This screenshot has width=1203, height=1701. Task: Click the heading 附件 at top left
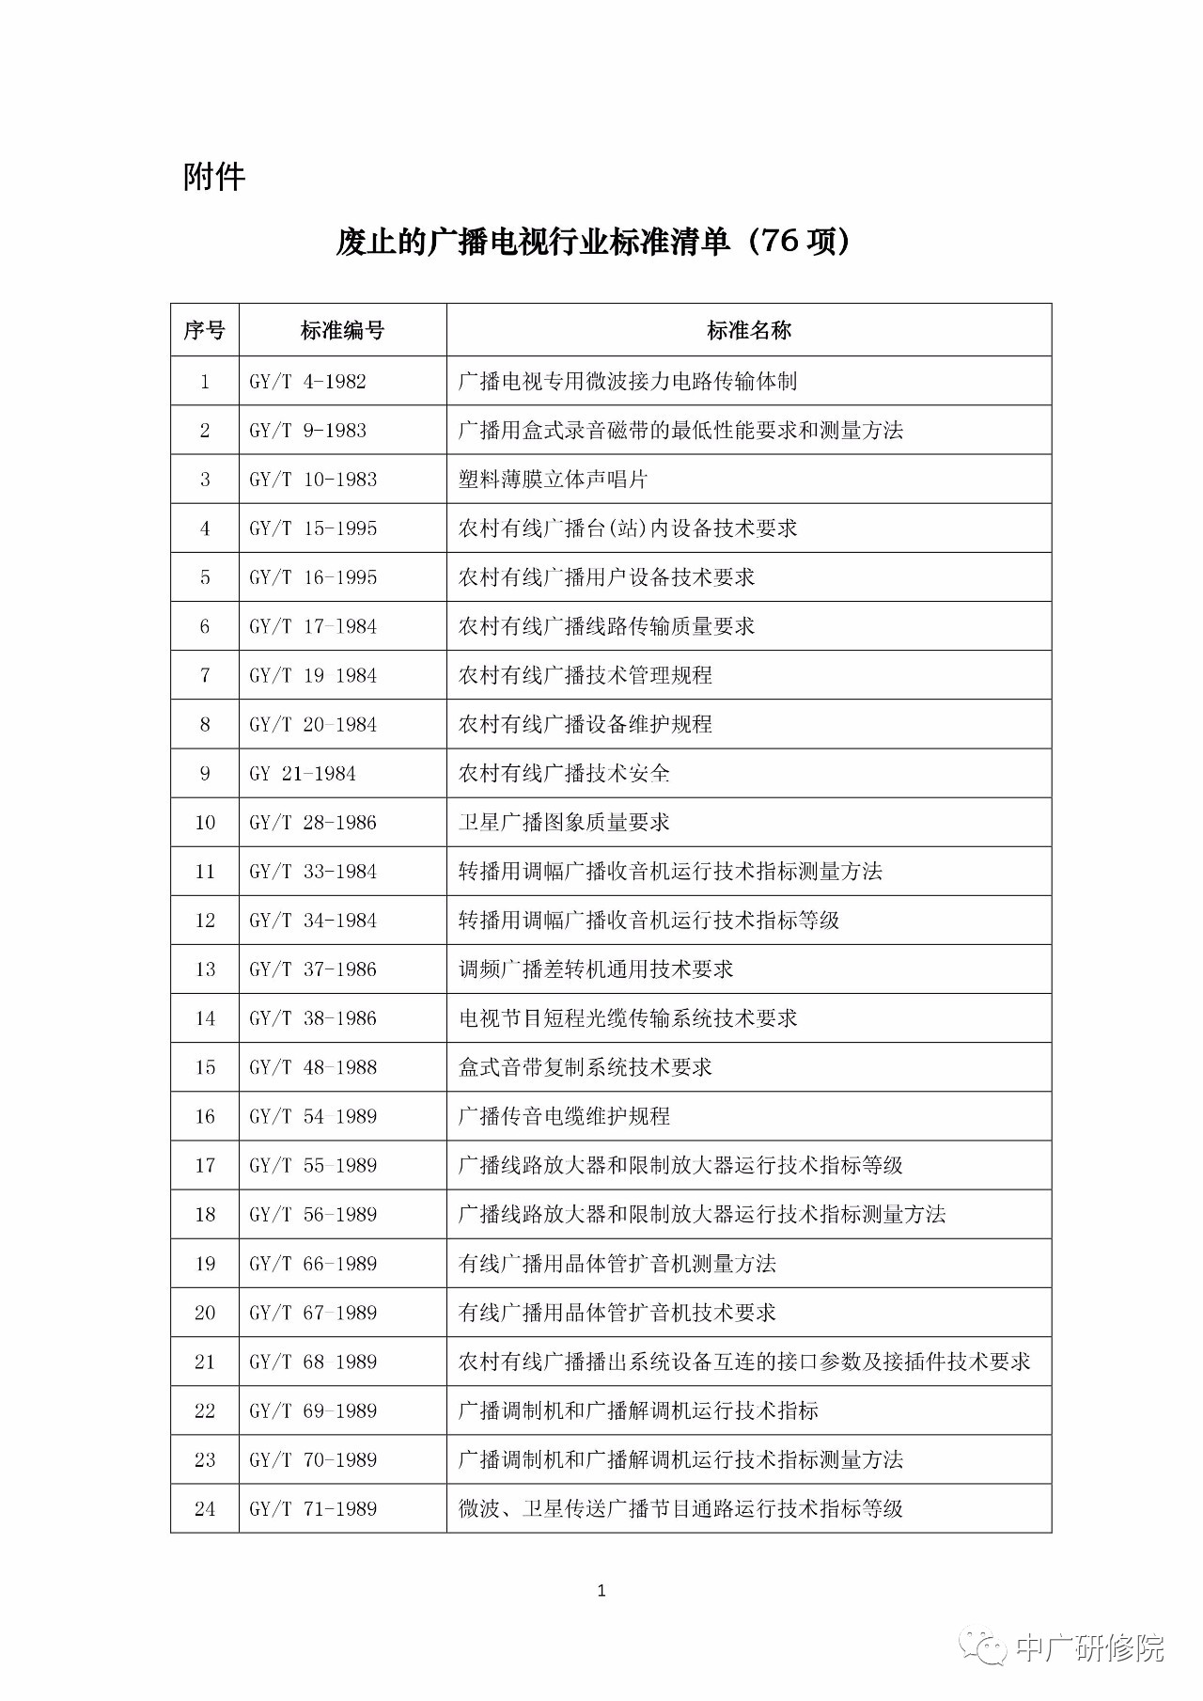[214, 177]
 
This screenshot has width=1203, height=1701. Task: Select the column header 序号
[205, 330]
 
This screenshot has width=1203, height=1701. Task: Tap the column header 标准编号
[342, 330]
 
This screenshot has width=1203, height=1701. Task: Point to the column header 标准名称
[748, 330]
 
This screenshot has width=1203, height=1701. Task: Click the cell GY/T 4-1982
[308, 382]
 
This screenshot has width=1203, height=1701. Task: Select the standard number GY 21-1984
[303, 774]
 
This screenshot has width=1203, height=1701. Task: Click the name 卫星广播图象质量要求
[564, 823]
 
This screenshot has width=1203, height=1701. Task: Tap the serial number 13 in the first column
[205, 969]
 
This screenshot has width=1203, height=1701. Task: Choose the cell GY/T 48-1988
[313, 1067]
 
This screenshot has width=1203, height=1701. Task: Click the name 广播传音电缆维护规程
[564, 1116]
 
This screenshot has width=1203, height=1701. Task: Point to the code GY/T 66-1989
[313, 1264]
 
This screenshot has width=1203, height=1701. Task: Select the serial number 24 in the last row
[205, 1509]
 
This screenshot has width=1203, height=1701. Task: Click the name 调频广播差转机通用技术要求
[596, 969]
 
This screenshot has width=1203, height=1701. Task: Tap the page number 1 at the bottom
[601, 1591]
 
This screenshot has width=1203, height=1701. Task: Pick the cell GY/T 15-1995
[313, 528]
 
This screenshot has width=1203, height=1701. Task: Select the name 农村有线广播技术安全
[564, 774]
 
